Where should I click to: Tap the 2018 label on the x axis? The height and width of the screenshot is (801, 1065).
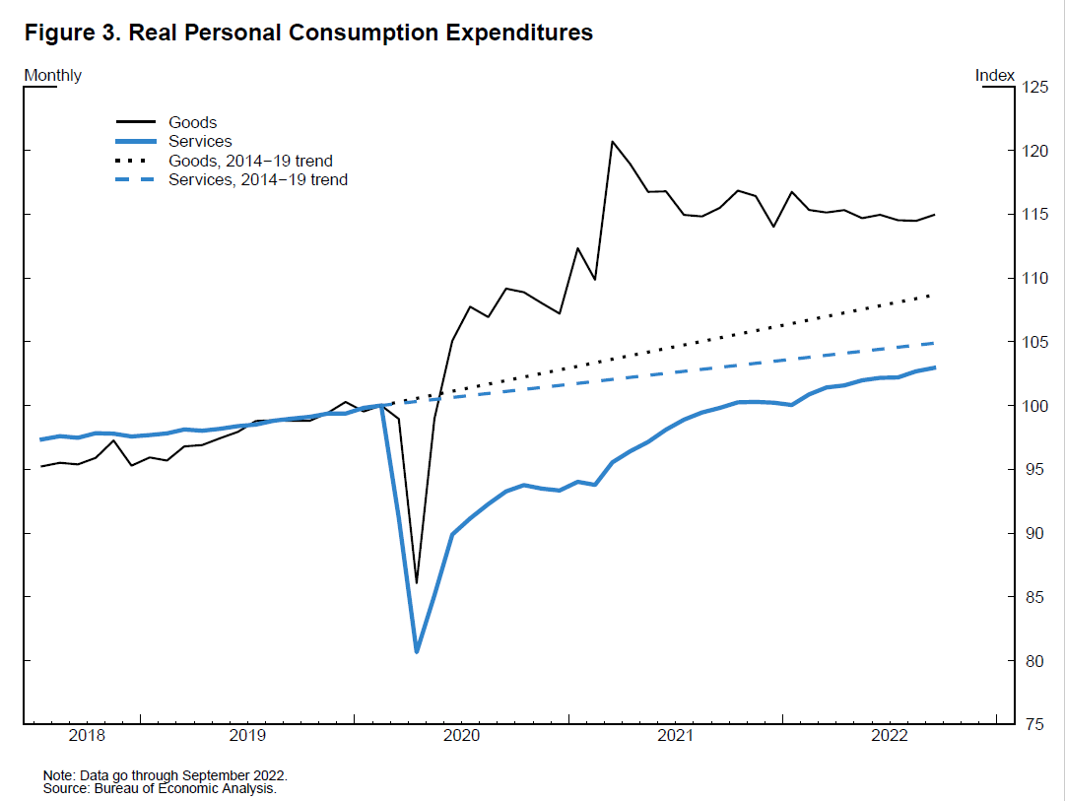tap(87, 735)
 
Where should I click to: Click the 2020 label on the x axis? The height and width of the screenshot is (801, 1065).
tap(461, 735)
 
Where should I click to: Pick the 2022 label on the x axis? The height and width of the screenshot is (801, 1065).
tap(890, 735)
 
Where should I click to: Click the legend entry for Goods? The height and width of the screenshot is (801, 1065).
tap(192, 123)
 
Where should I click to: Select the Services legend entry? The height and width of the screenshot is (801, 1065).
tap(200, 142)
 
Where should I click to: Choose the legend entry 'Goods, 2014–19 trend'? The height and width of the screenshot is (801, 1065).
tap(250, 161)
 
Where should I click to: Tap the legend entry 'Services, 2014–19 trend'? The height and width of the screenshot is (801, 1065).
tap(258, 180)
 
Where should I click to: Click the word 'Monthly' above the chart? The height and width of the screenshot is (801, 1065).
tap(52, 76)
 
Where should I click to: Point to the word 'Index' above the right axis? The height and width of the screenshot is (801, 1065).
tap(994, 76)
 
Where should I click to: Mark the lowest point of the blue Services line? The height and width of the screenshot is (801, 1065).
tap(417, 651)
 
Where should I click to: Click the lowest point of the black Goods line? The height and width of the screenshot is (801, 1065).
tap(417, 582)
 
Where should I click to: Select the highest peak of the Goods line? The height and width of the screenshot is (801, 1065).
tap(612, 142)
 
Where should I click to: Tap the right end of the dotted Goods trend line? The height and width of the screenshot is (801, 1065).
tap(933, 295)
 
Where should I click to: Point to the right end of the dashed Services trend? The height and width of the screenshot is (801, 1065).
tap(933, 343)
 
